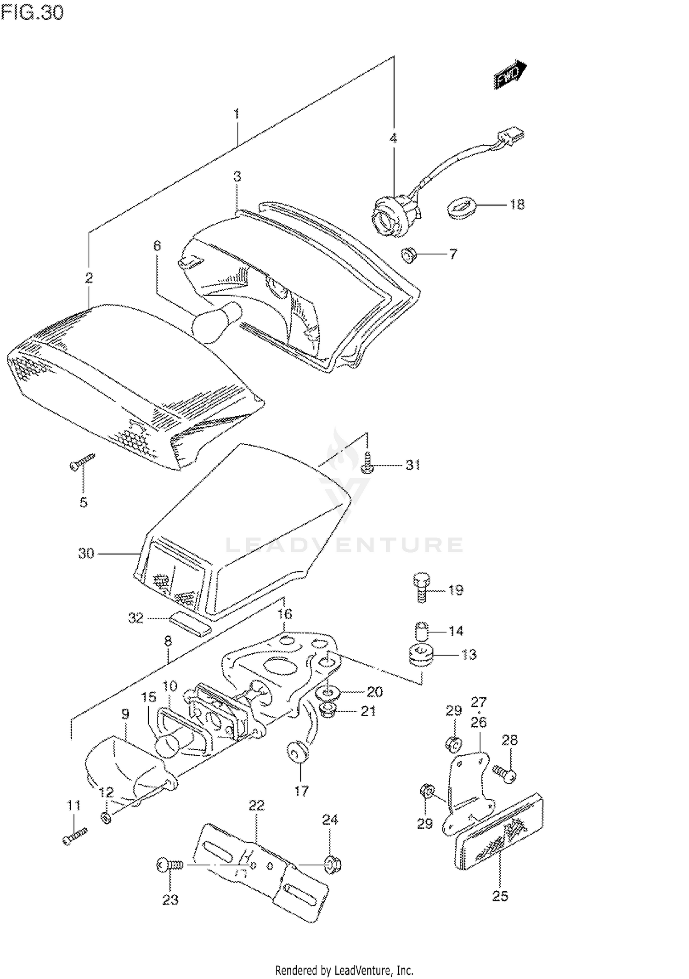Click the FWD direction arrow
coord(510,74)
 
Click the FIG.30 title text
coord(32,12)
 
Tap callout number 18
coord(517,204)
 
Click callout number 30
coord(86,554)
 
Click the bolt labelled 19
coord(421,588)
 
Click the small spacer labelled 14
coord(422,630)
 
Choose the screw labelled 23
coord(170,866)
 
